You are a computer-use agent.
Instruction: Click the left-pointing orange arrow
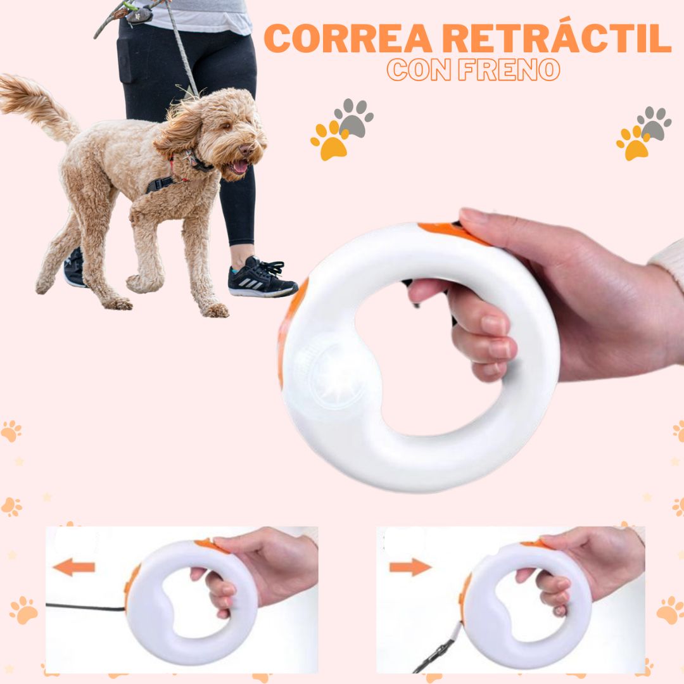click(74, 567)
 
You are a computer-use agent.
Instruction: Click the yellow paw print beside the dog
click(329, 141)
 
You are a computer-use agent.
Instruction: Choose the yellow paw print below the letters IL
click(633, 142)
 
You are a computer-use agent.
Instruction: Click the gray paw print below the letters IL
click(654, 123)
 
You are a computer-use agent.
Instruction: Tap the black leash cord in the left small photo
click(85, 607)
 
